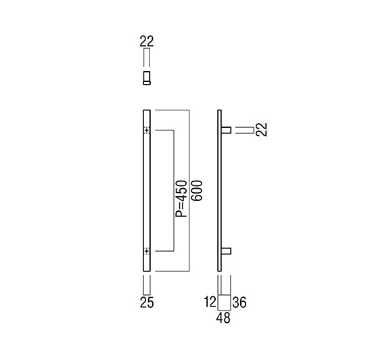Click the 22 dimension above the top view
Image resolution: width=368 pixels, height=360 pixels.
click(147, 41)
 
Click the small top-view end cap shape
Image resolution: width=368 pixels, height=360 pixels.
click(147, 78)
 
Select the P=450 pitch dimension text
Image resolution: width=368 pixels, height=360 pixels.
click(182, 199)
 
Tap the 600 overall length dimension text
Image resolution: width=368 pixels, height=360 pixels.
click(197, 190)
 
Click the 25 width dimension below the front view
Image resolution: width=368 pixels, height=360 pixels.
click(147, 302)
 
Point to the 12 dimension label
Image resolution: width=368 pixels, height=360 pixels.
click(210, 302)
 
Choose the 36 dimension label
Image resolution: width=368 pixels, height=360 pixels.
click(239, 302)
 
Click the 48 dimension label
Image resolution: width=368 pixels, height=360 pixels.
click(223, 318)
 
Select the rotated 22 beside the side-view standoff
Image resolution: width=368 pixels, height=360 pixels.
click(262, 129)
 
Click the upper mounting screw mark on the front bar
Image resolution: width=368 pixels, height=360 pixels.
click(147, 130)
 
